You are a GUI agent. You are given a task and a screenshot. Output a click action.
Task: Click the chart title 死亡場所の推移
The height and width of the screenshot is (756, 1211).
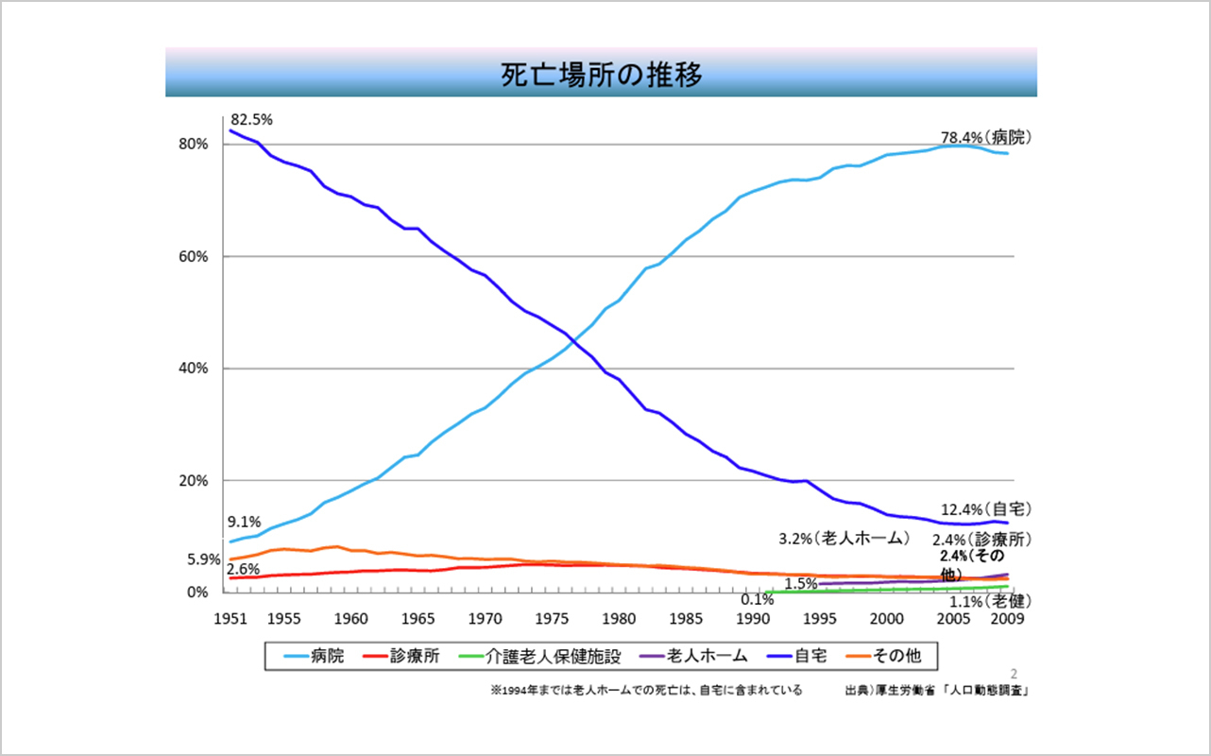[602, 75]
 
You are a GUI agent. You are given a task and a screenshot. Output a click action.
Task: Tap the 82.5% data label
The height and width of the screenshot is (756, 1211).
[251, 120]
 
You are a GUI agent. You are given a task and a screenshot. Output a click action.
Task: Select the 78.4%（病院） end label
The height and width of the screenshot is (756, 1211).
[985, 137]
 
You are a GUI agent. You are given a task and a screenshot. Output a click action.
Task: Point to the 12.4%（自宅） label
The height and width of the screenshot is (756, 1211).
[985, 510]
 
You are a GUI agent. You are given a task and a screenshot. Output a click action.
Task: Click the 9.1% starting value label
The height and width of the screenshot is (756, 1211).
[244, 522]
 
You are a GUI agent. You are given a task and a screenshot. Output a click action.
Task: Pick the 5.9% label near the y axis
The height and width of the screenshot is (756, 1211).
[203, 559]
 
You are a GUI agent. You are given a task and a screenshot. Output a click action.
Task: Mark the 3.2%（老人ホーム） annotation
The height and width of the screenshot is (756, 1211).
[844, 539]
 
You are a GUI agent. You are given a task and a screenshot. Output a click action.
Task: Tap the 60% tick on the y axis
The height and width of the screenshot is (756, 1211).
[194, 256]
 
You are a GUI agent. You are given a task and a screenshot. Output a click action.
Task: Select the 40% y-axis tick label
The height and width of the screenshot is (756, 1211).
[194, 369]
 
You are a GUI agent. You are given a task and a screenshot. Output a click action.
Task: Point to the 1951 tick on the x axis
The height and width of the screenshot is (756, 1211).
[230, 619]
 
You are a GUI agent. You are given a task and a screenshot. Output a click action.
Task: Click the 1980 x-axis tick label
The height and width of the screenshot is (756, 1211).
[619, 619]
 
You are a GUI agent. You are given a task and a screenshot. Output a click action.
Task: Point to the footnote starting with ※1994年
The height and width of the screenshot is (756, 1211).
[646, 691]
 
